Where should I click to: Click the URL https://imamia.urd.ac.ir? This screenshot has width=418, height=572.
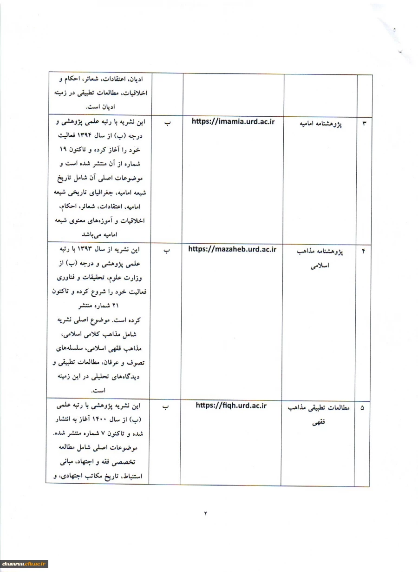pos(233,121)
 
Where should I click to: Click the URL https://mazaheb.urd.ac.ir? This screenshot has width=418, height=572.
pos(232,249)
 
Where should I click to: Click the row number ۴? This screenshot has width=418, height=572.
pos(364,252)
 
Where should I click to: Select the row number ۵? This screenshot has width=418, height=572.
pos(363,408)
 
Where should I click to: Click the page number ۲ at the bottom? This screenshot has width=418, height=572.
pos(205,513)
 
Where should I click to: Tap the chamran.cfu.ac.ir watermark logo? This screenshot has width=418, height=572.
pos(24,564)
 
